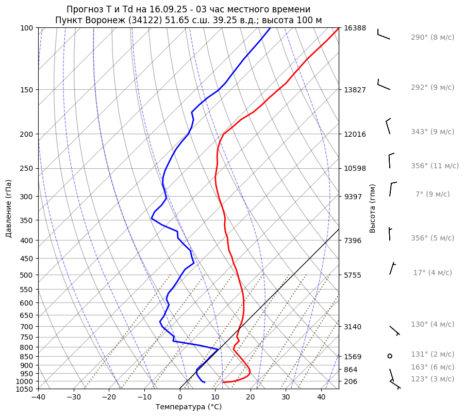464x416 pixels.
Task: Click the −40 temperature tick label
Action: click(x=38, y=397)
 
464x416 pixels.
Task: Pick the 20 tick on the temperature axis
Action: click(x=251, y=397)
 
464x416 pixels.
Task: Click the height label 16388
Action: click(x=355, y=28)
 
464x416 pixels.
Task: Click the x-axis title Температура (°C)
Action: click(x=189, y=407)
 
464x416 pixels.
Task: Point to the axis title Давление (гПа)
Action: click(x=9, y=209)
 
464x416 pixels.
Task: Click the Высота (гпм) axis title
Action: click(x=373, y=209)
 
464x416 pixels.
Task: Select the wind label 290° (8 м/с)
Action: click(x=433, y=38)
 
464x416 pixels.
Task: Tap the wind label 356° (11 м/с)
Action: click(x=435, y=166)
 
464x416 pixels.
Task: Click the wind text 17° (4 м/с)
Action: click(x=433, y=273)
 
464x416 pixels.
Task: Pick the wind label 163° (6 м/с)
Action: click(x=433, y=367)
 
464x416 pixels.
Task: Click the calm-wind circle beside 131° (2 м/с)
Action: click(x=390, y=356)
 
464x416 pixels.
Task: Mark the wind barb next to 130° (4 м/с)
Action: click(x=394, y=330)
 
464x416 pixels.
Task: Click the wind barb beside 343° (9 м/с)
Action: click(x=388, y=126)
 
